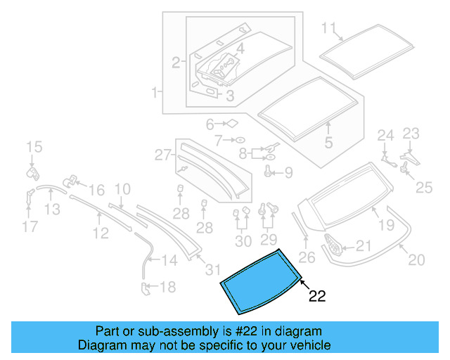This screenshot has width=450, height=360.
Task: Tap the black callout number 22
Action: pyautogui.click(x=317, y=297)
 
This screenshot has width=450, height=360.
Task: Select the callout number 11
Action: pyautogui.click(x=329, y=28)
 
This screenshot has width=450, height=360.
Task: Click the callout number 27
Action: pyautogui.click(x=162, y=154)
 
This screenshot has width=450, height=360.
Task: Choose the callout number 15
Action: pyautogui.click(x=34, y=147)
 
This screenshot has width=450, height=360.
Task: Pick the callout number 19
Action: pyautogui.click(x=387, y=225)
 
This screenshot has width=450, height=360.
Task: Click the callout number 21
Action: pyautogui.click(x=362, y=245)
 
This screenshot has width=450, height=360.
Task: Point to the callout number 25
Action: pyautogui.click(x=424, y=186)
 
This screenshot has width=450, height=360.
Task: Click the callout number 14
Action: pyautogui.click(x=169, y=261)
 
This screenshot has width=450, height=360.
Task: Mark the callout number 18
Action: pyautogui.click(x=167, y=287)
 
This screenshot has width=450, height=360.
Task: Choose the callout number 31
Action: pyautogui.click(x=212, y=270)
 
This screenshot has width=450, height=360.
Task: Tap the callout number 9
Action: pyautogui.click(x=288, y=172)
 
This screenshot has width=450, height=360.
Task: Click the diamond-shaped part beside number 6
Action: pyautogui.click(x=230, y=124)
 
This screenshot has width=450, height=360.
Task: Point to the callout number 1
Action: pyautogui.click(x=153, y=92)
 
